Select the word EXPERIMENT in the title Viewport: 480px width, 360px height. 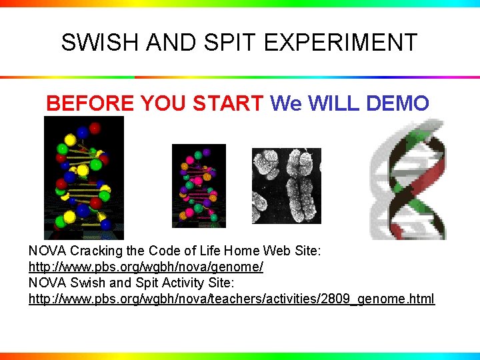tap(341, 43)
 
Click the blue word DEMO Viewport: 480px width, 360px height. tap(397, 103)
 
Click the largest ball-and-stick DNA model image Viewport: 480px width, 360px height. tap(84, 178)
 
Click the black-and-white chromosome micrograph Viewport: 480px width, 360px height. tap(286, 185)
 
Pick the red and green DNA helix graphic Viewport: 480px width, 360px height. tap(408, 179)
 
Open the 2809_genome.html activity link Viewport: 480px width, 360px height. tap(231, 299)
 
